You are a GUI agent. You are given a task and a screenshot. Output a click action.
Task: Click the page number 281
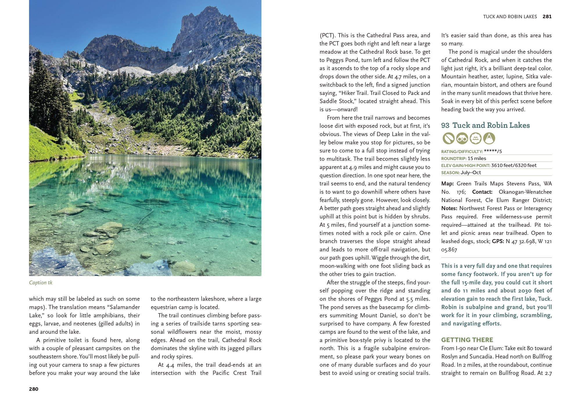pyautogui.click(x=547, y=17)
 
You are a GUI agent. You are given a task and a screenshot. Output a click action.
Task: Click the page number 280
pyautogui.click(x=34, y=389)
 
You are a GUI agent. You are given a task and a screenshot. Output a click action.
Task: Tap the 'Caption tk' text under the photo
pyautogui.click(x=41, y=282)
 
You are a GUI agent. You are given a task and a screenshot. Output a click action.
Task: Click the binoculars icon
pyautogui.click(x=462, y=138)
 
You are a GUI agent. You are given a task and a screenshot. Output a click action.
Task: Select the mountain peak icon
pyautogui.click(x=489, y=138)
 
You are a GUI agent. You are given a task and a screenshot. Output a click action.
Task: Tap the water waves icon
pyautogui.click(x=476, y=138)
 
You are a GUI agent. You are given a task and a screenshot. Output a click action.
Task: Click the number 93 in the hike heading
pyautogui.click(x=445, y=125)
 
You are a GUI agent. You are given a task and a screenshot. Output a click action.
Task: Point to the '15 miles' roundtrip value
pyautogui.click(x=477, y=158)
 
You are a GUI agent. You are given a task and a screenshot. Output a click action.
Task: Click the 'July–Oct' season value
pyautogui.click(x=471, y=173)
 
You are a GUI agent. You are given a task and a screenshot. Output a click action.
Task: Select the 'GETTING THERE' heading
pyautogui.click(x=467, y=340)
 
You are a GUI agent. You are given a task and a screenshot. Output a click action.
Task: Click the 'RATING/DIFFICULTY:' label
pyautogui.click(x=462, y=151)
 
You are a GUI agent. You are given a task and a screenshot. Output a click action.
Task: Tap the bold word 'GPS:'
pyautogui.click(x=498, y=241)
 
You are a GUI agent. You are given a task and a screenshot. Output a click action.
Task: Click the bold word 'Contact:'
pyautogui.click(x=482, y=192)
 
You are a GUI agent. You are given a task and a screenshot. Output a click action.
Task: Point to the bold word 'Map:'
pyautogui.click(x=447, y=184)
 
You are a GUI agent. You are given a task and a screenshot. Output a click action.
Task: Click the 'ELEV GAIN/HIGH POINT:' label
pyautogui.click(x=465, y=166)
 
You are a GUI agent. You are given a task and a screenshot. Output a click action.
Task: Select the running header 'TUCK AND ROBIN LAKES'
pyautogui.click(x=510, y=17)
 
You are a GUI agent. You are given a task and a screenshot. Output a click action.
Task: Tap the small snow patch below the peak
pyautogui.click(x=190, y=52)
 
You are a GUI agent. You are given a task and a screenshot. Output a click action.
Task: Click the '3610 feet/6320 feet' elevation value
pyautogui.click(x=514, y=165)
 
